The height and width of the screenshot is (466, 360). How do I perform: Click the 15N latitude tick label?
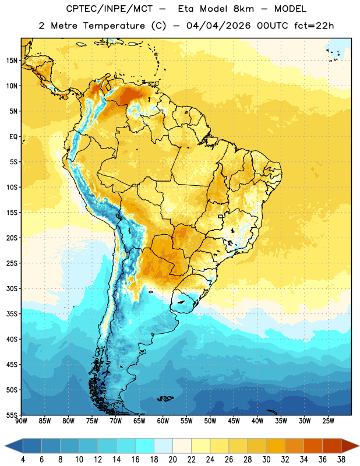pos(12,61)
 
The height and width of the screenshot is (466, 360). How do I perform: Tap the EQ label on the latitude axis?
pos(13,137)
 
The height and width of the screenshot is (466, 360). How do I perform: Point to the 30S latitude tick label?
pos(12,289)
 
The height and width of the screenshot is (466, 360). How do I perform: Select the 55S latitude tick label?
pos(12,415)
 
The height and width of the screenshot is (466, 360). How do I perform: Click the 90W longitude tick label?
pos(21,421)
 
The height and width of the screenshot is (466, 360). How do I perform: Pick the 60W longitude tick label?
pos(163,421)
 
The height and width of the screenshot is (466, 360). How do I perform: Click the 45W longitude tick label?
pos(234,421)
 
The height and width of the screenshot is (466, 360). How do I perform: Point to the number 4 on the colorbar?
pos(23,460)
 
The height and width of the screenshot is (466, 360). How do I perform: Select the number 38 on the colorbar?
pos(341,460)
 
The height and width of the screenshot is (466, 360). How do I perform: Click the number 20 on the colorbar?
pos(172,460)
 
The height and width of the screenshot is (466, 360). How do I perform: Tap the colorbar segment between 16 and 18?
pos(145,446)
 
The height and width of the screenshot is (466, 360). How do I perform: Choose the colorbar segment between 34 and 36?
pos(313,446)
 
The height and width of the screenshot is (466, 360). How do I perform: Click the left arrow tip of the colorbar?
pos(5,446)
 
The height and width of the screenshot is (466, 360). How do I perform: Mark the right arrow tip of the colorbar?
pos(359,446)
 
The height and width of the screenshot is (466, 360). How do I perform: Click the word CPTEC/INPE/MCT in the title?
pos(109,9)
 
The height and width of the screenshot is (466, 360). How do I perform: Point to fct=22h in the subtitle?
pos(314,26)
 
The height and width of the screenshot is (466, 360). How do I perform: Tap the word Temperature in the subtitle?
pos(114,26)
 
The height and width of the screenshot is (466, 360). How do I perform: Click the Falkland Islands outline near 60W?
pos(165,398)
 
